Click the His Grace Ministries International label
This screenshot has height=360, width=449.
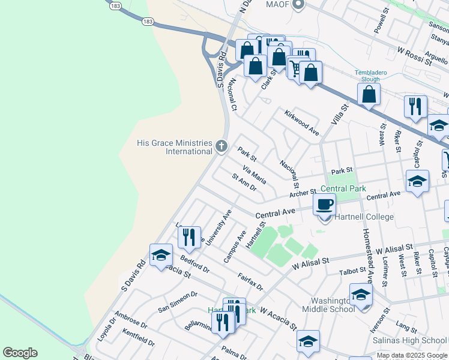point(175,147)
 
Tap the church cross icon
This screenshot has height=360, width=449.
point(221,145)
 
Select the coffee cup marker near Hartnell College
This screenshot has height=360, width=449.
point(325,204)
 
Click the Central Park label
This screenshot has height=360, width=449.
point(347,189)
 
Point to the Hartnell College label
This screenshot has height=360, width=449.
point(365,217)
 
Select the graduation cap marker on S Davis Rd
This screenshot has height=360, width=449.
point(161,256)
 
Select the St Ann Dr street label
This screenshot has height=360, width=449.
point(244,182)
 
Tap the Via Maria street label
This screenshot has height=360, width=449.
point(255,174)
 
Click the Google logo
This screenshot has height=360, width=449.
point(20,353)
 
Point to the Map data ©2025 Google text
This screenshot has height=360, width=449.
point(412,355)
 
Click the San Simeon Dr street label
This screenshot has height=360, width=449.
point(178,302)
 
